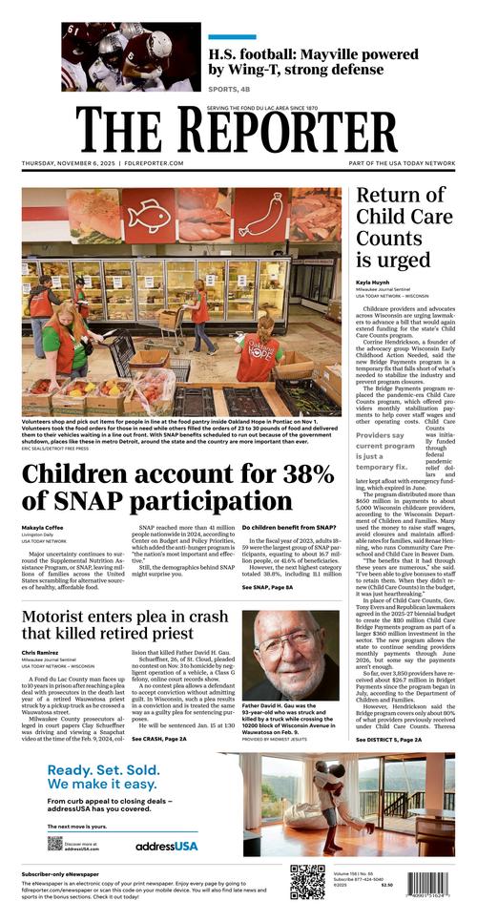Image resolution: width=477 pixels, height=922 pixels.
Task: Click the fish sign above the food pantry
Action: [x=148, y=215]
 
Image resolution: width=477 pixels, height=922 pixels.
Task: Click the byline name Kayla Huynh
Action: [x=373, y=283]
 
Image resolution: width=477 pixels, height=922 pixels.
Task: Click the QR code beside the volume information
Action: [x=307, y=882]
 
